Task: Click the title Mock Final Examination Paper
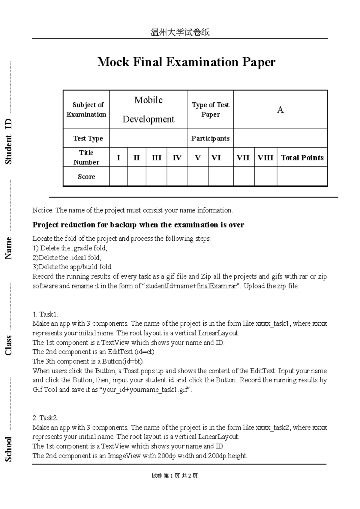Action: tap(186, 62)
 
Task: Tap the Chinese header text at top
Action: tap(180, 32)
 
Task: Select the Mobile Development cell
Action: tap(148, 110)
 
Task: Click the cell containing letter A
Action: tap(280, 110)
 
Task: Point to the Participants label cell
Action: tap(210, 138)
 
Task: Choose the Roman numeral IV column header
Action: tap(177, 158)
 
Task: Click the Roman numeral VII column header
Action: tap(243, 158)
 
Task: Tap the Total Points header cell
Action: tap(302, 158)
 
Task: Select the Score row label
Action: tap(86, 177)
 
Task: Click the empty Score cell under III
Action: tap(156, 177)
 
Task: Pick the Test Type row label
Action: tap(88, 138)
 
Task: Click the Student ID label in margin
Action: tap(8, 141)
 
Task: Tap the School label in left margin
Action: tap(8, 449)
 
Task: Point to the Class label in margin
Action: tap(8, 345)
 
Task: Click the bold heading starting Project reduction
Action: tap(138, 225)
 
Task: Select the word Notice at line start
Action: tap(43, 210)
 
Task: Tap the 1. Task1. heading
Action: tap(45, 314)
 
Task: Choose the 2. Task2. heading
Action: tap(45, 418)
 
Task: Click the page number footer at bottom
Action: tap(175, 476)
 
